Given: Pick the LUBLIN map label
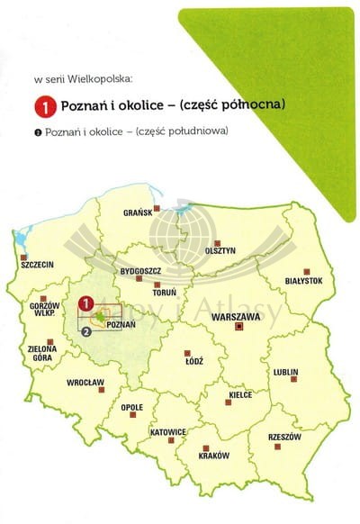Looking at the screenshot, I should pos(285,370).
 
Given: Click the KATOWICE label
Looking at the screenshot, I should pos(167,432).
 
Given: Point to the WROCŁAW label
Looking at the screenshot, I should pos(86,383).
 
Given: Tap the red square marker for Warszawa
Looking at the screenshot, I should pos(238,330).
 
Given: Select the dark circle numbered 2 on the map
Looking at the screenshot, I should pos(85,330).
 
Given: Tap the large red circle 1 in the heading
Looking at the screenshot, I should pos(44,106).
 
